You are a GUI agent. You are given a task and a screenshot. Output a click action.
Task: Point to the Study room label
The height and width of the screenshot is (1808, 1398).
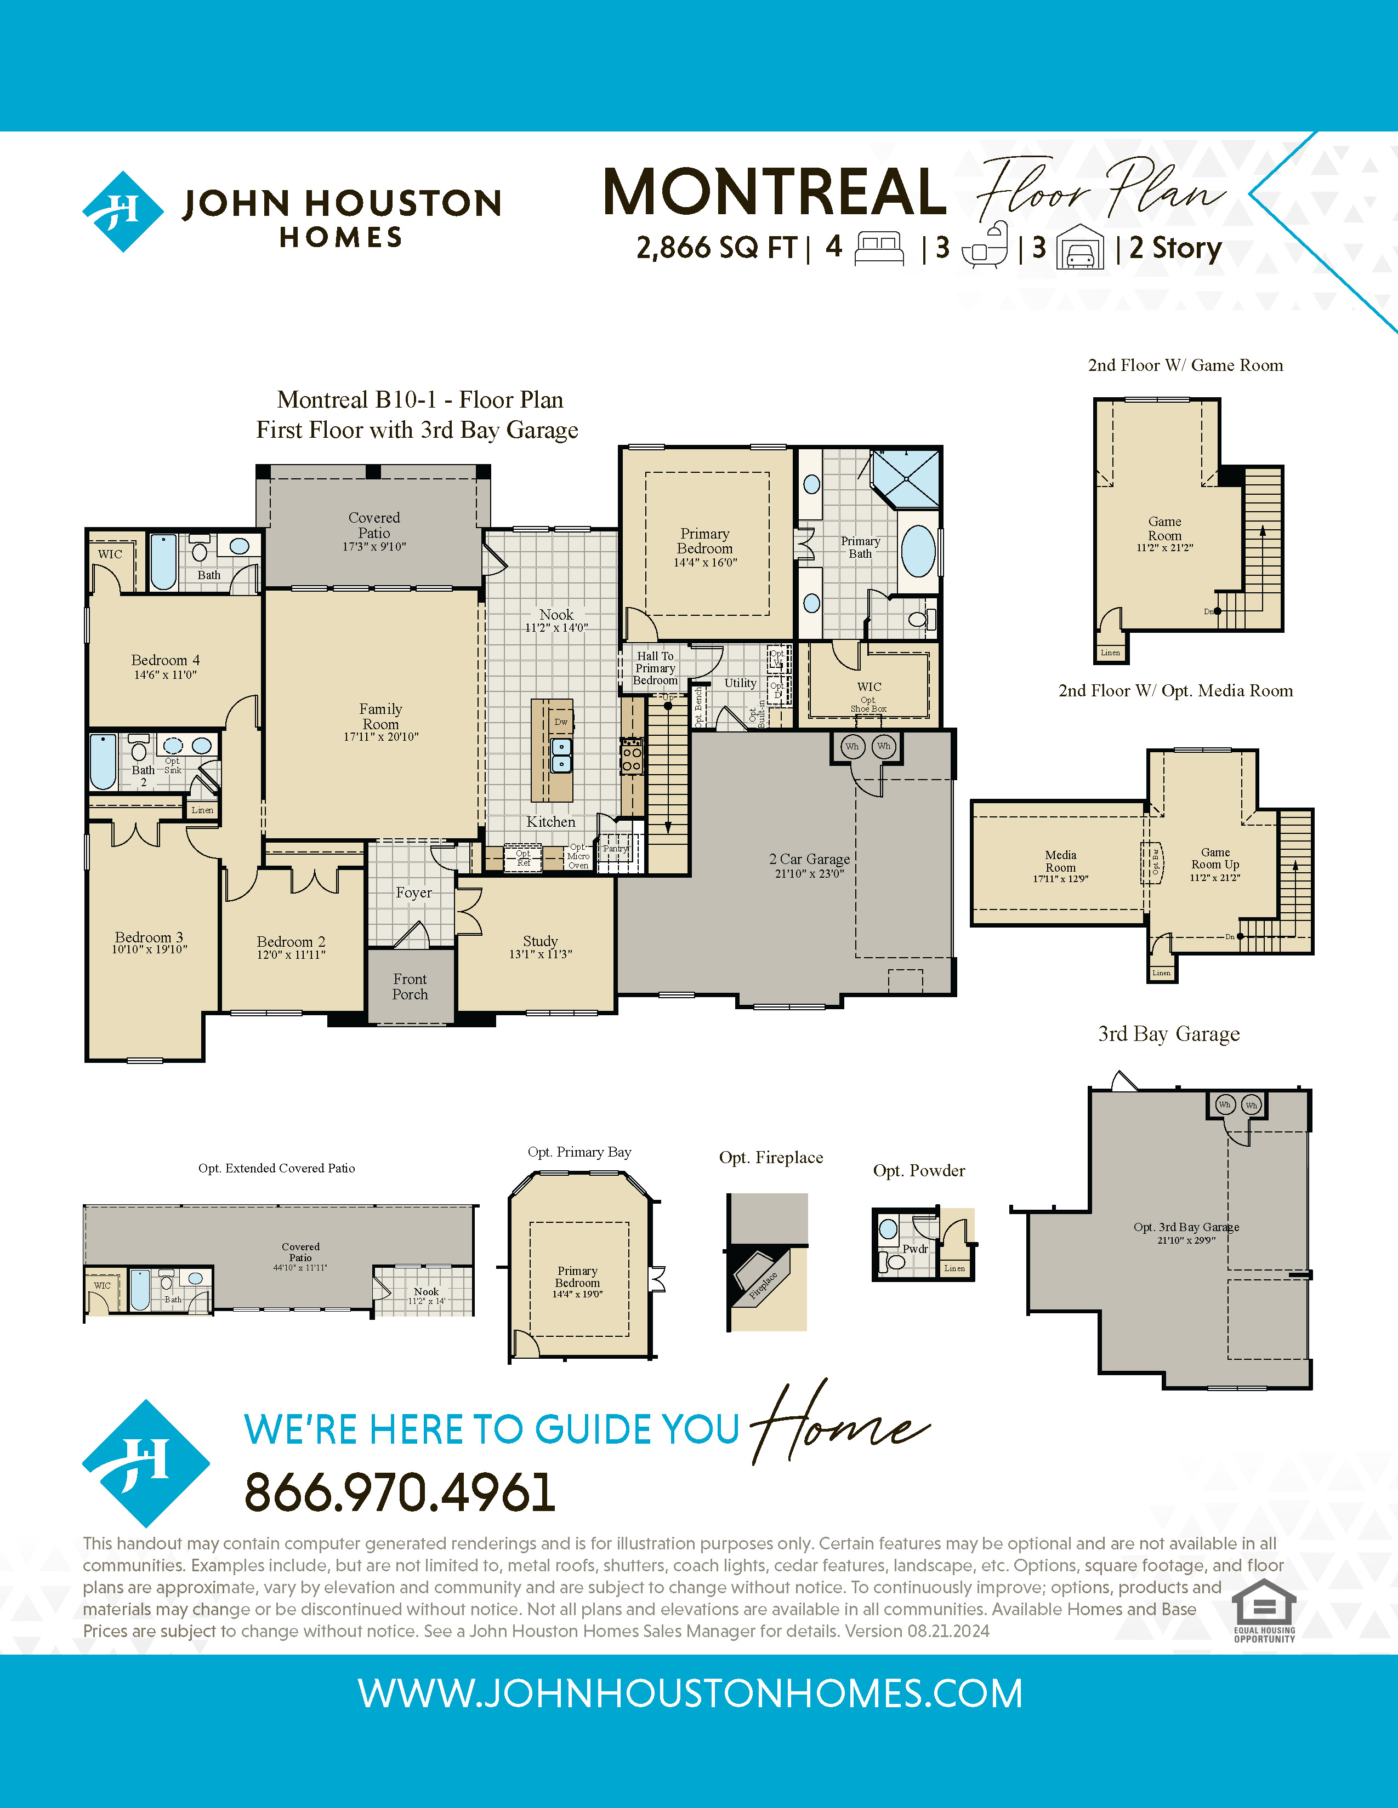pyautogui.click(x=540, y=941)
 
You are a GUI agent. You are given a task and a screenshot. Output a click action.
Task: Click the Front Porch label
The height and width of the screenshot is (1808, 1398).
pyautogui.click(x=410, y=987)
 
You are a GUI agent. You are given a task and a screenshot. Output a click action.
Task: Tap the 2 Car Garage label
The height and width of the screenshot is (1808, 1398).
pyautogui.click(x=809, y=859)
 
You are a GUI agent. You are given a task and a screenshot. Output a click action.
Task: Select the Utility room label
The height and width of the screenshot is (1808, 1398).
pyautogui.click(x=741, y=683)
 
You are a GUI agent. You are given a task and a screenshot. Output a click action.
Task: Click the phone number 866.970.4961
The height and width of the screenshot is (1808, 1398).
pyautogui.click(x=399, y=1492)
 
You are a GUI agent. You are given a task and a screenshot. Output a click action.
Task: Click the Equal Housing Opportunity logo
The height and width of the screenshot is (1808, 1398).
pyautogui.click(x=1264, y=1610)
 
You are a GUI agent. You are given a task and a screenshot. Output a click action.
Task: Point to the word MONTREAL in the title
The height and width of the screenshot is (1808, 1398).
pyautogui.click(x=774, y=192)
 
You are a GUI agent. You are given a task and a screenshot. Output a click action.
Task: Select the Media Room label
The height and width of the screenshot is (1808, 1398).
pyautogui.click(x=1060, y=861)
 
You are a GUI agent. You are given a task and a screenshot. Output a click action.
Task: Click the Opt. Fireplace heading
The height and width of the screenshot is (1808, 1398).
pyautogui.click(x=770, y=1157)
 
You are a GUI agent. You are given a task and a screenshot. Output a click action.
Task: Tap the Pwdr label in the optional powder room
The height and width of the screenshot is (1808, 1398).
pyautogui.click(x=915, y=1249)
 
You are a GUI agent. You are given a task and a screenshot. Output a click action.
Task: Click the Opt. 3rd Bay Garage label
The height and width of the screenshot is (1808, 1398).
pyautogui.click(x=1185, y=1227)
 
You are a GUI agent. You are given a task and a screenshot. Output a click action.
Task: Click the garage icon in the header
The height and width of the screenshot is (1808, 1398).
pyautogui.click(x=1080, y=248)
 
